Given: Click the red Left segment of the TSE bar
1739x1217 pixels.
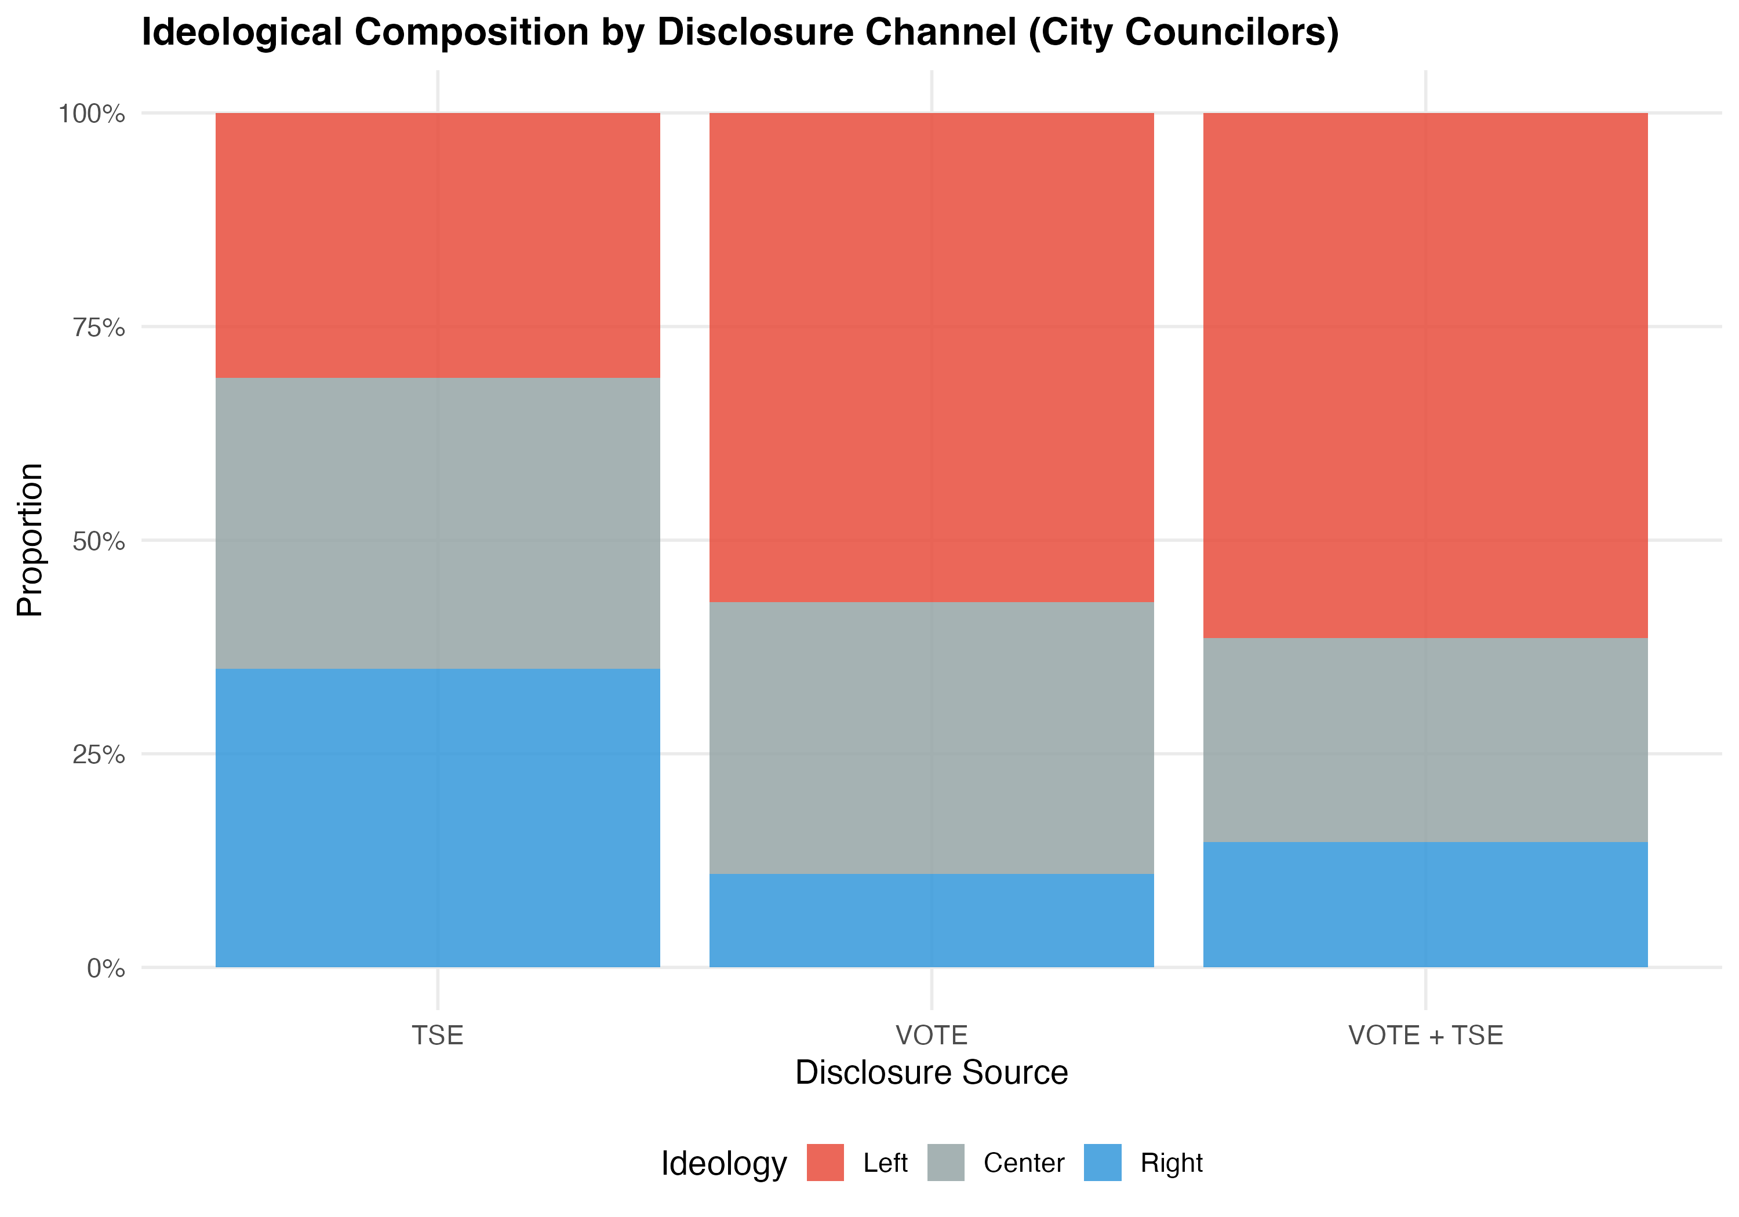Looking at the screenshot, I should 438,245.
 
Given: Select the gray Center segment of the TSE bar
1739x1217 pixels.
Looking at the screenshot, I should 438,523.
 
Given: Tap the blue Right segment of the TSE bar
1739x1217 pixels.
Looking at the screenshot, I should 438,817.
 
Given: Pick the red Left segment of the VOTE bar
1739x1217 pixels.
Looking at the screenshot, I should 931,358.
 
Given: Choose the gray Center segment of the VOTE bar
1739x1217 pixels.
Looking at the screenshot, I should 931,738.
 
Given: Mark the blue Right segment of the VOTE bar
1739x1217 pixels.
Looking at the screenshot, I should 931,920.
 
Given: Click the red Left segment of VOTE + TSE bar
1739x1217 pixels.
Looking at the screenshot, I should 1425,375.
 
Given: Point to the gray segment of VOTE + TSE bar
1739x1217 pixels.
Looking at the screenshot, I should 1425,740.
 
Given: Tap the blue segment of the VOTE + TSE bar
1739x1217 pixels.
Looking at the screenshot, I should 1425,904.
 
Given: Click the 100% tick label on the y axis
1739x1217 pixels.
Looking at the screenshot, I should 92,114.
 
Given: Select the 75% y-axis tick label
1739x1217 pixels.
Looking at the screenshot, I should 99,328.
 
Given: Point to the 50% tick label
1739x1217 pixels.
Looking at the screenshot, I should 99,541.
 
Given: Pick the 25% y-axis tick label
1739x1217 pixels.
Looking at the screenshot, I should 99,755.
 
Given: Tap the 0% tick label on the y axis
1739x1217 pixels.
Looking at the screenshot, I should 106,968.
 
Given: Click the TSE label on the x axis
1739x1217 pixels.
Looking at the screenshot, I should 438,1035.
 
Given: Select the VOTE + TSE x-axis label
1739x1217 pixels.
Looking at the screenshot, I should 1425,1035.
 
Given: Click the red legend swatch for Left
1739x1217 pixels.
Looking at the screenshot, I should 825,1163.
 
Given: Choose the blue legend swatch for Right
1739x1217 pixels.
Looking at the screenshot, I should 1102,1163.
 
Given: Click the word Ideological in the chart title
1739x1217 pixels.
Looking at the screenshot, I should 242,32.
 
